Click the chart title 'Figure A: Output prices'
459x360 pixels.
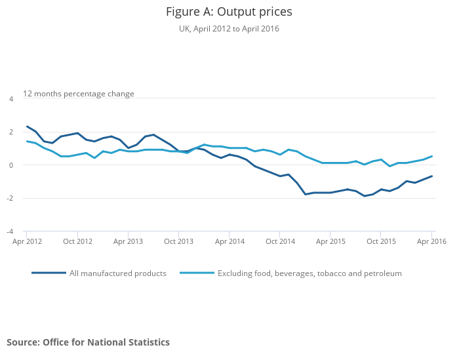click(229, 12)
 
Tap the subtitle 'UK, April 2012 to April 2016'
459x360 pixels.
click(229, 29)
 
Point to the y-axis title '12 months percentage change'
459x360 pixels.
click(79, 94)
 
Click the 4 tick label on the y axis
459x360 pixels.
click(10, 99)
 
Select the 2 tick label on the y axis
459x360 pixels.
click(10, 132)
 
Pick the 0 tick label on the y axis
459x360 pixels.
click(10, 165)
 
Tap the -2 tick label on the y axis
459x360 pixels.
click(9, 198)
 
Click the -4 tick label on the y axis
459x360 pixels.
click(9, 231)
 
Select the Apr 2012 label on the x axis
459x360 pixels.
click(27, 241)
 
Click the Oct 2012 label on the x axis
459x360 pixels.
click(77, 241)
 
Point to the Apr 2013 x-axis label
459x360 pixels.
click(128, 241)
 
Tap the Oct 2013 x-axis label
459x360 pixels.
click(178, 241)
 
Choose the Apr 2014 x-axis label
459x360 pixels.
click(229, 241)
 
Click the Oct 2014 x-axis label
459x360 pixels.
click(280, 241)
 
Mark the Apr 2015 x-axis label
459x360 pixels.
click(330, 241)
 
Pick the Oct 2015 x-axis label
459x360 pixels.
click(381, 241)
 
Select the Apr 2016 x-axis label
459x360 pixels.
click(431, 241)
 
